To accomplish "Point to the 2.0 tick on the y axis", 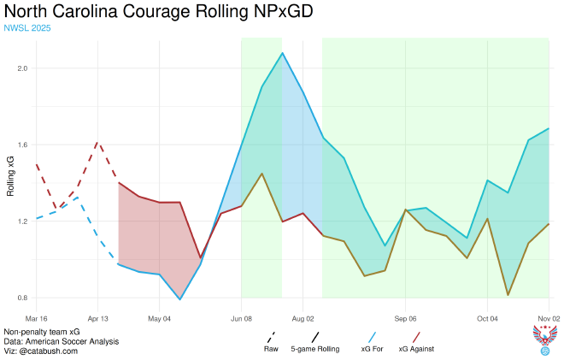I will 21,68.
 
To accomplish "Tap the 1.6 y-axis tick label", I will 21,145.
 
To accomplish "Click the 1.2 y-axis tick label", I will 21,221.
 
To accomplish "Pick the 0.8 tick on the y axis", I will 21,298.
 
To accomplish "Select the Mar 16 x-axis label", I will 37,317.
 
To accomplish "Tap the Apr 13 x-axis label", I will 98,317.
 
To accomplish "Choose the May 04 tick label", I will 160,317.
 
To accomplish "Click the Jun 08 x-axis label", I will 242,317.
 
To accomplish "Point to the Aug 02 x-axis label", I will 303,317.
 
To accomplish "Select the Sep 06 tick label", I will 405,317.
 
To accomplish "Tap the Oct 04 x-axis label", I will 487,317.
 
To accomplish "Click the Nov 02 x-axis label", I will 548,317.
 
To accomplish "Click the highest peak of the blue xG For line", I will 282,53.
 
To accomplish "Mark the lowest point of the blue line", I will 180,299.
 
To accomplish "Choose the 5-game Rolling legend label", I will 315,349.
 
